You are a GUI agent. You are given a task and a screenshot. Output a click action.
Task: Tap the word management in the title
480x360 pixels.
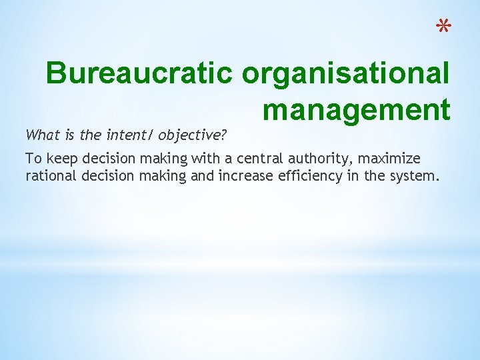click(356, 109)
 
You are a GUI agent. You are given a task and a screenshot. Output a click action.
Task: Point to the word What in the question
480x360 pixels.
click(39, 135)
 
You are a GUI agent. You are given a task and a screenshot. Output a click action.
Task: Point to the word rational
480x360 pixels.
click(49, 176)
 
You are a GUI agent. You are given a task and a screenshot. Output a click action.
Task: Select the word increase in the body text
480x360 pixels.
click(248, 176)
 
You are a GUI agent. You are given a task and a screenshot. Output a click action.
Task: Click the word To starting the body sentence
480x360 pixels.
click(32, 159)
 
